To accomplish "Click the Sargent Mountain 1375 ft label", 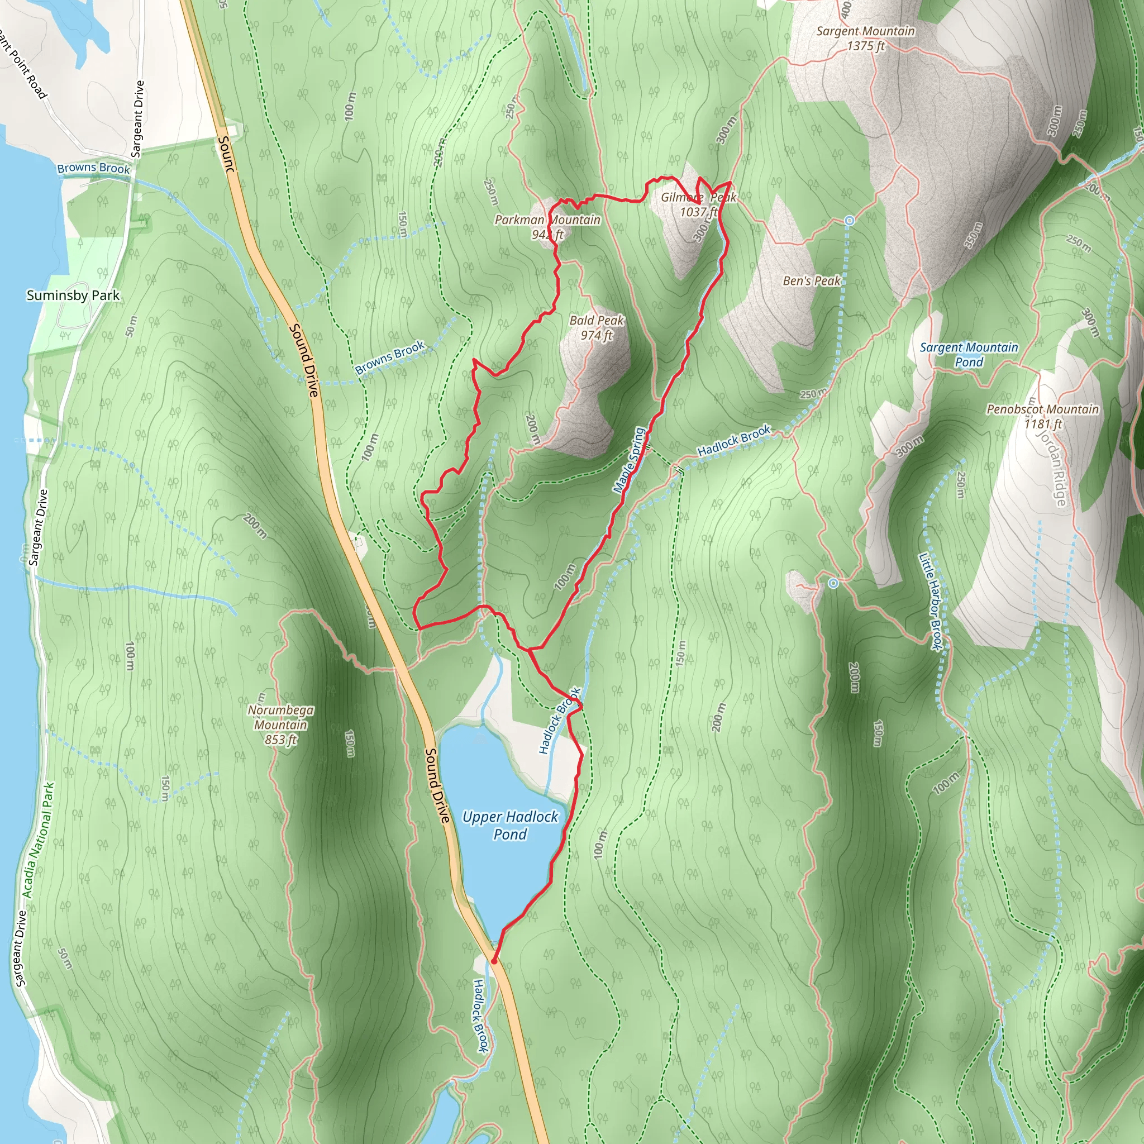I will pos(865,39).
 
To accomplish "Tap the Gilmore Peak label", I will pos(698,204).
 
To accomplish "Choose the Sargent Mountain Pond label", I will pos(969,354).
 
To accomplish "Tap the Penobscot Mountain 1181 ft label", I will pos(1043,416).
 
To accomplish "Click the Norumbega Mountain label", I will pos(280,724).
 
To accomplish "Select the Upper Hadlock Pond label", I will pos(510,826).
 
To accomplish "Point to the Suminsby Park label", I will pos(73,295).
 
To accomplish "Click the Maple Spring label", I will pos(629,460).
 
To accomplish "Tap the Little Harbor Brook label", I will pos(929,602).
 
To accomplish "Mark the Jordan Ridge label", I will pos(1052,468).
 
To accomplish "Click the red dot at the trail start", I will pos(494,962).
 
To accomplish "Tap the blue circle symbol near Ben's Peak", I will pos(849,220).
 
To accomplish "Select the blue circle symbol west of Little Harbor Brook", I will pos(833,583).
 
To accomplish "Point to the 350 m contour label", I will pos(973,235).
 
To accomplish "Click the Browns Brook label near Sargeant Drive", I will pos(93,168).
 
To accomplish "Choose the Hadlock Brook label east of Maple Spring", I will pos(734,441).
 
